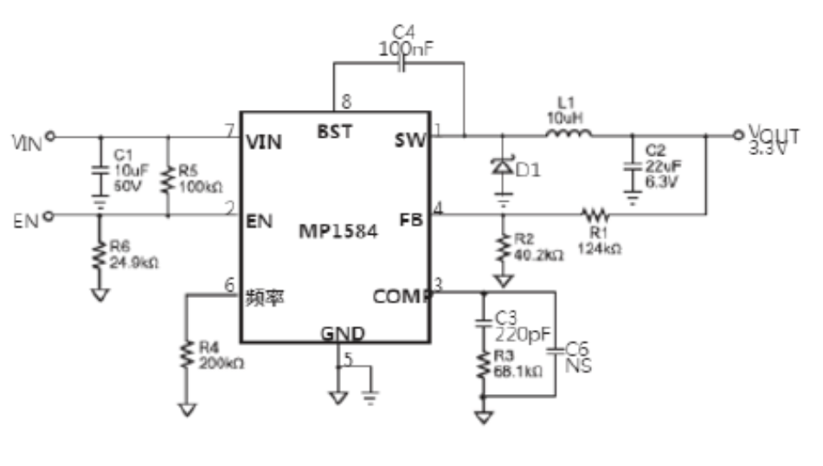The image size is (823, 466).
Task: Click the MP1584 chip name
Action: point(338,232)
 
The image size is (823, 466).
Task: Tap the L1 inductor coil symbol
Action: point(569,133)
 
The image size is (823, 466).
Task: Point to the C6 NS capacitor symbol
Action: point(555,349)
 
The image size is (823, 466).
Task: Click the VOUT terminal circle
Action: point(737,134)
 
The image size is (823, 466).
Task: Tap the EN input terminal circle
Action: point(49,216)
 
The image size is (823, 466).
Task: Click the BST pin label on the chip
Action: point(333,133)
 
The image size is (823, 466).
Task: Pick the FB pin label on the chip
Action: point(414,219)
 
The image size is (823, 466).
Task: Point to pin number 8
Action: point(346,102)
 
